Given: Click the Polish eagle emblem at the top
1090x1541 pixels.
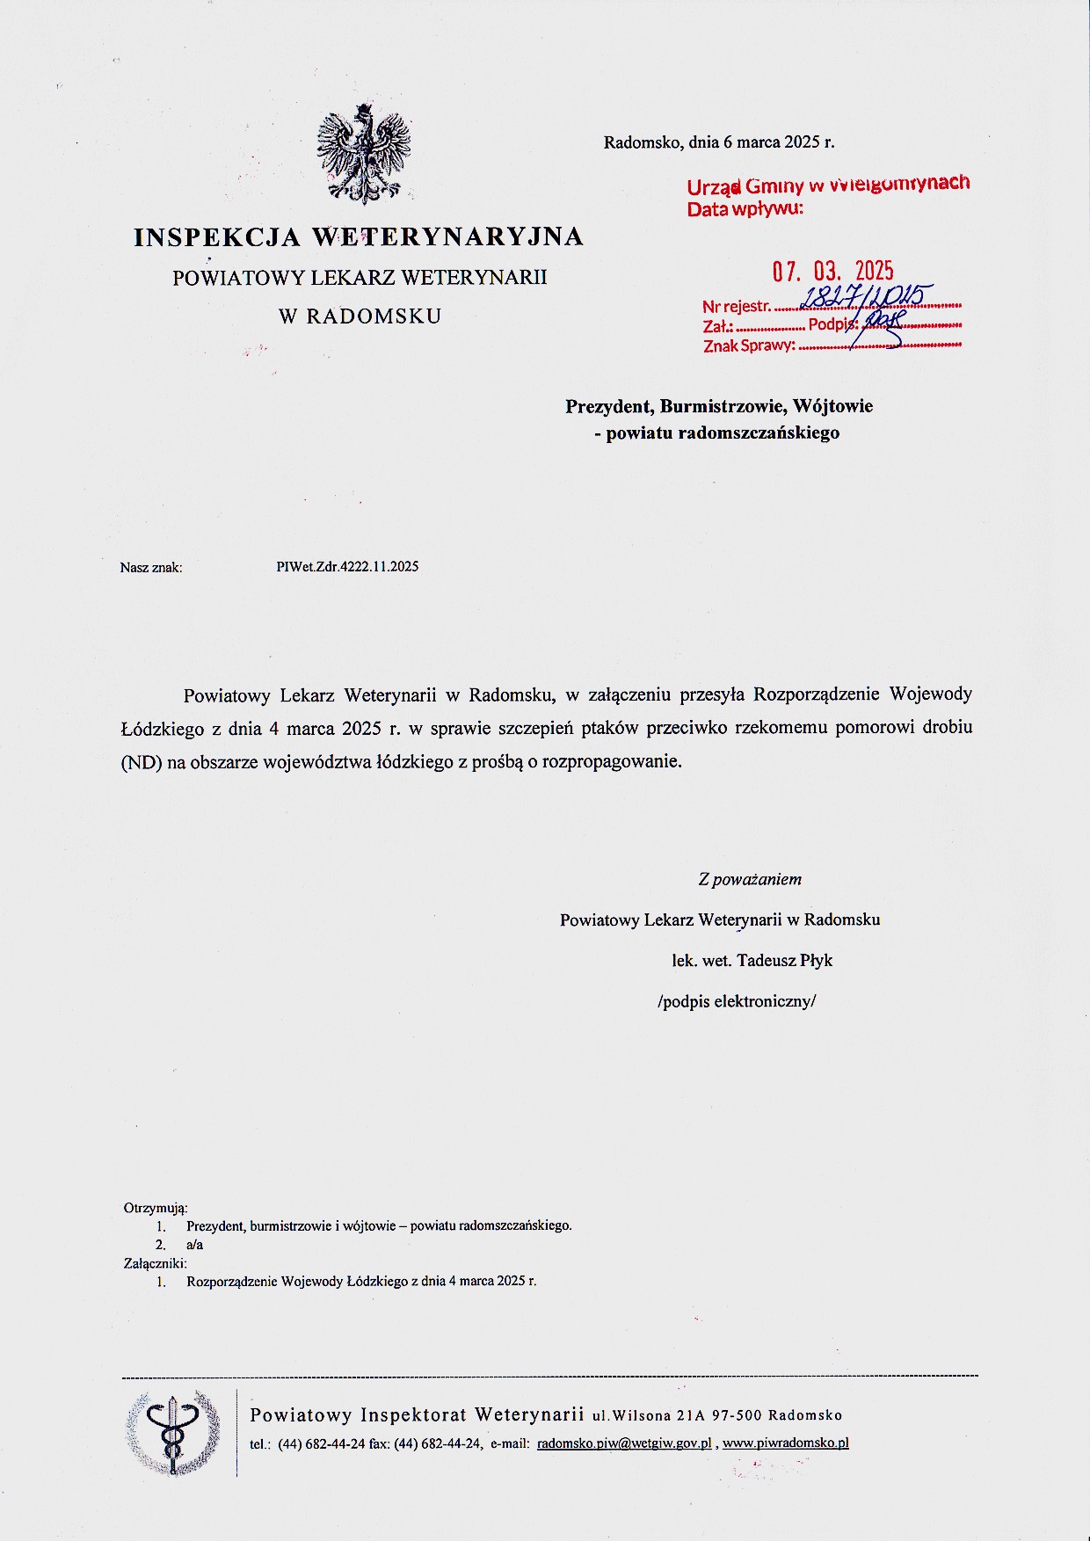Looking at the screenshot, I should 364,155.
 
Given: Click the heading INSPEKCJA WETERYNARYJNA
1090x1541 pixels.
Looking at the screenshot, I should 359,236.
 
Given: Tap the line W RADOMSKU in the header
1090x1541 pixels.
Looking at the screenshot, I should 360,316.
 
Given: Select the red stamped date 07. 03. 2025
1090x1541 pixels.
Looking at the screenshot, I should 832,271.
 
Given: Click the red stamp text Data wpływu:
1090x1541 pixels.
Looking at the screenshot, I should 745,209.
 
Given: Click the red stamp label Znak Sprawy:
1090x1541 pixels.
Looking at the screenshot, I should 749,345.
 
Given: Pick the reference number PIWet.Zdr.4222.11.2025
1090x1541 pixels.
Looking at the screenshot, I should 347,567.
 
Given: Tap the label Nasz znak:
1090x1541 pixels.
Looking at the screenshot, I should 151,568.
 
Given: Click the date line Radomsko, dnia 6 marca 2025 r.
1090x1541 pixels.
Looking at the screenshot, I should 719,142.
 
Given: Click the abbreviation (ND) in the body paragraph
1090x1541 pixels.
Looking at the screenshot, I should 142,762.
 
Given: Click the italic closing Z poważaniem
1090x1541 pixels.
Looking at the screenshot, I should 750,879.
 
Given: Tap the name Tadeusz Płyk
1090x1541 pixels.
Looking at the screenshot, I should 784,961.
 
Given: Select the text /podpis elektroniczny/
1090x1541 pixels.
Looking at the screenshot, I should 737,1001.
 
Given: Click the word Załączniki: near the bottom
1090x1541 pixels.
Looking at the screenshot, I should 156,1263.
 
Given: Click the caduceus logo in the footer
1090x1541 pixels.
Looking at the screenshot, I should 173,1432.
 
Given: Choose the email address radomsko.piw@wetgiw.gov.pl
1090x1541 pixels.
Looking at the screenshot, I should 623,1443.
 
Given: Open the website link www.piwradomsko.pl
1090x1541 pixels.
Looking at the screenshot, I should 785,1443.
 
